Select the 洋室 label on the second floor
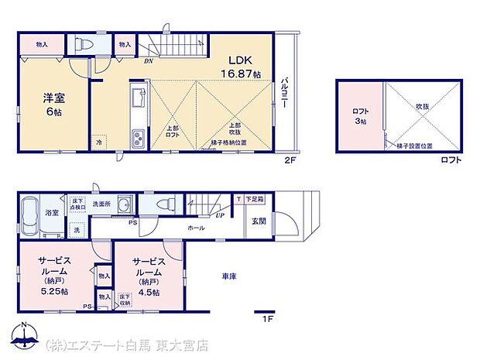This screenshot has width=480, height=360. coord(52,98)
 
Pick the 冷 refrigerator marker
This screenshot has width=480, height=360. coord(99,142)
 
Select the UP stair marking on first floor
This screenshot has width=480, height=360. coord(220,215)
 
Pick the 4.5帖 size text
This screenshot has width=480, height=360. coord(149,292)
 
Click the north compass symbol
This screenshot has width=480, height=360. coord(25,336)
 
